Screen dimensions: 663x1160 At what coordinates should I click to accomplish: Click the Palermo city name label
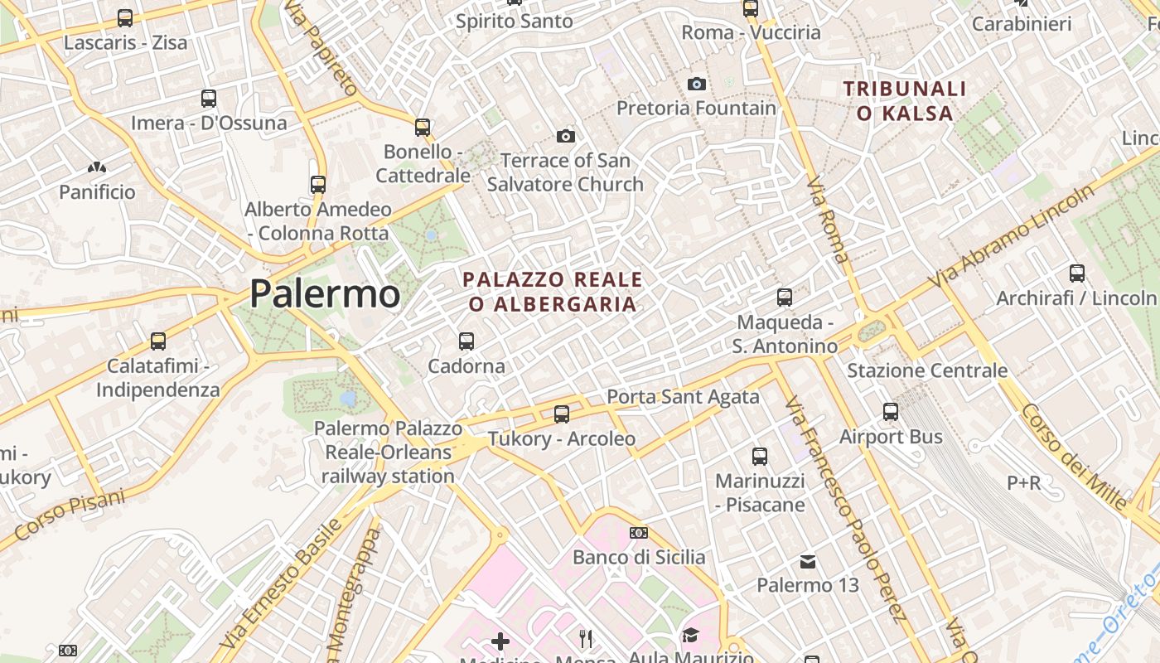(x=324, y=294)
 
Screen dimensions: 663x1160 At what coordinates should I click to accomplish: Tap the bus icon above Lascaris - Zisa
(x=125, y=17)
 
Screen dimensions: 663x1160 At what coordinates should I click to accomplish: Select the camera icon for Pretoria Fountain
(x=696, y=84)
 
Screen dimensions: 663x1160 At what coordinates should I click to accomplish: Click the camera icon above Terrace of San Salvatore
(x=566, y=136)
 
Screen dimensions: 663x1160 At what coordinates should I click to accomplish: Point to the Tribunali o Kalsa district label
(x=905, y=100)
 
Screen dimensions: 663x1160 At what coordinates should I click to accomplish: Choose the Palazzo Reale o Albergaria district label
(x=552, y=292)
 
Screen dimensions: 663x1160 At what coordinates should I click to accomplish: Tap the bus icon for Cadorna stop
(x=466, y=341)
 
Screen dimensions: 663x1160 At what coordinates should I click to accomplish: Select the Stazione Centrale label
(x=927, y=370)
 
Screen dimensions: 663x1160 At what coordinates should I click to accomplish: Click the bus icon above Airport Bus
(x=891, y=411)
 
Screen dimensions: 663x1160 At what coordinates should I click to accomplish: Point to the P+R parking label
(x=1024, y=482)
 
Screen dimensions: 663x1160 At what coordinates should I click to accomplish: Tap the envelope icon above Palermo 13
(x=808, y=562)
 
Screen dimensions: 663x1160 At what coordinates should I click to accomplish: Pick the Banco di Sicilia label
(x=639, y=557)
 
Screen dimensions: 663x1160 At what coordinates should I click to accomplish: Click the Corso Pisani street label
(x=70, y=515)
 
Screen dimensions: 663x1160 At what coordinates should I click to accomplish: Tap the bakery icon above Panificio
(x=97, y=168)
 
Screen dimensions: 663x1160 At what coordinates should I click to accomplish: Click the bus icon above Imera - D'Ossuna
(x=209, y=99)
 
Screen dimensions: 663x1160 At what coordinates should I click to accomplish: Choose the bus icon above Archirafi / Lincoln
(x=1077, y=273)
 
